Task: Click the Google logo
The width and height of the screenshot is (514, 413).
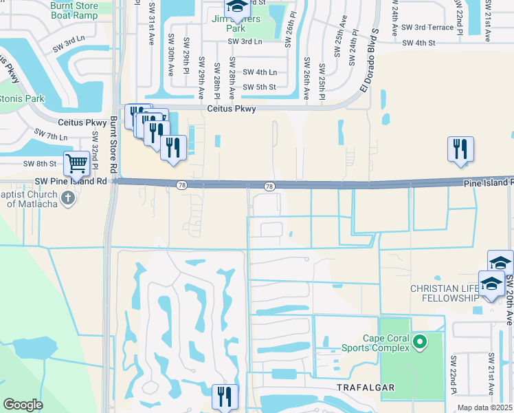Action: tap(23, 405)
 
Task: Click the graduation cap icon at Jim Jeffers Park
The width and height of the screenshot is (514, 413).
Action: tap(237, 6)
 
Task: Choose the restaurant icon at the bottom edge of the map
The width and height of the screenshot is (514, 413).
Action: tap(225, 396)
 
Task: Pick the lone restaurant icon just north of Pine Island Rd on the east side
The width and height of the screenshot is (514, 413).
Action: tap(460, 149)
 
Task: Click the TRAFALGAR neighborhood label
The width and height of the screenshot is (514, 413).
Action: tap(366, 388)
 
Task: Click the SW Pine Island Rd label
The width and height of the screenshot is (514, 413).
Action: tap(71, 181)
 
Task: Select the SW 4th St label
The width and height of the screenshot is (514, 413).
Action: tap(419, 43)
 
